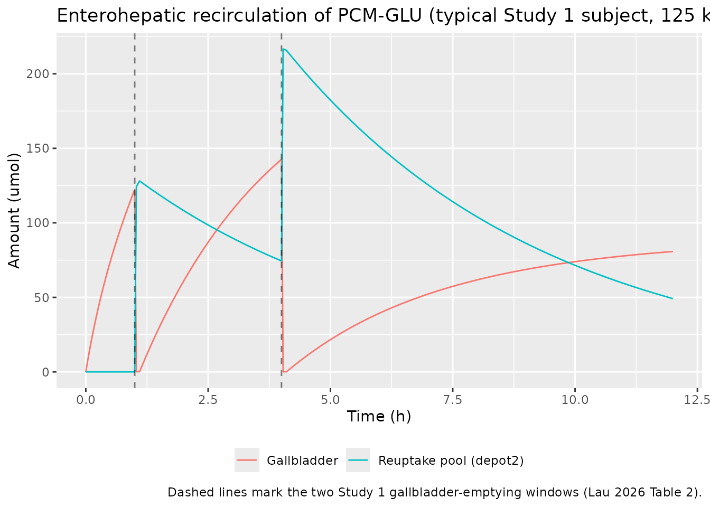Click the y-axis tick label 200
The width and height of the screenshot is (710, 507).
click(38, 74)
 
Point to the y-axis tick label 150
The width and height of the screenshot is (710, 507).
click(38, 148)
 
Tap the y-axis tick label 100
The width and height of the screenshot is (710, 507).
click(38, 223)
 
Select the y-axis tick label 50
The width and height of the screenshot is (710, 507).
click(42, 297)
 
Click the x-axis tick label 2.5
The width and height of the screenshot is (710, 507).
click(208, 400)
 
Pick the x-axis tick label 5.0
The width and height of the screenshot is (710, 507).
click(330, 400)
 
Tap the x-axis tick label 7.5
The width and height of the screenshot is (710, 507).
click(453, 400)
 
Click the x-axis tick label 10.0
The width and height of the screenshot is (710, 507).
click(575, 400)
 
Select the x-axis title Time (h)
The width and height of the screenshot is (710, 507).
click(379, 417)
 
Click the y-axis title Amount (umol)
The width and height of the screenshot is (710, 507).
click(14, 211)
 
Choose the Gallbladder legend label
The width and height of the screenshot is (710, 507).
click(302, 461)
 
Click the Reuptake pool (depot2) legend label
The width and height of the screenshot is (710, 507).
click(451, 461)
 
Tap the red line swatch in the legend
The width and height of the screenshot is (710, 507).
click(247, 460)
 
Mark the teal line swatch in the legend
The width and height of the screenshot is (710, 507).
click(358, 460)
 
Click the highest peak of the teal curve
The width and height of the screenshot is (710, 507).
click(283, 49)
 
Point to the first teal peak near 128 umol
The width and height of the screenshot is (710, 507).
click(139, 181)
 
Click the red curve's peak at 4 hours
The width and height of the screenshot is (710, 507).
click(281, 159)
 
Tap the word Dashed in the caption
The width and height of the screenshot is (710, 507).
click(185, 492)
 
